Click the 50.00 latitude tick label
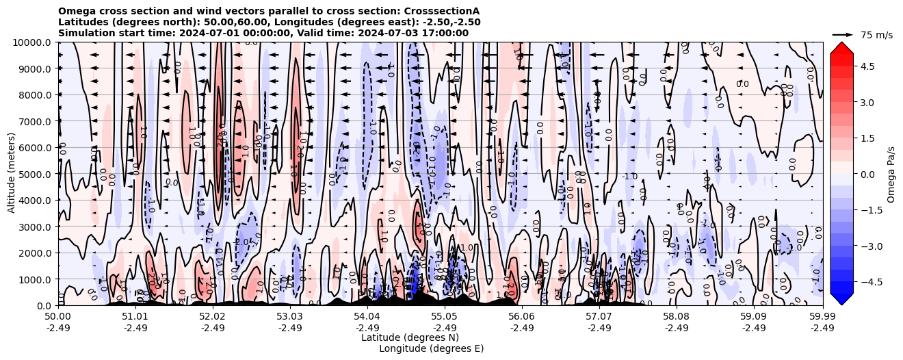click(58, 317)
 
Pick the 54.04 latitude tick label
click(367, 317)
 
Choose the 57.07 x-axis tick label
click(599, 317)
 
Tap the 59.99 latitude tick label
click(822, 317)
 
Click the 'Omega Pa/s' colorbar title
click(891, 174)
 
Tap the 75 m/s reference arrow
click(843, 34)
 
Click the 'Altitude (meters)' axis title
click(12, 174)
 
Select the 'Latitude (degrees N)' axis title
click(410, 337)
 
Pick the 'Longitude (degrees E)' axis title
click(431, 348)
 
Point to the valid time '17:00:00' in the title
click(445, 33)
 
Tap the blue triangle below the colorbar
click(841, 299)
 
